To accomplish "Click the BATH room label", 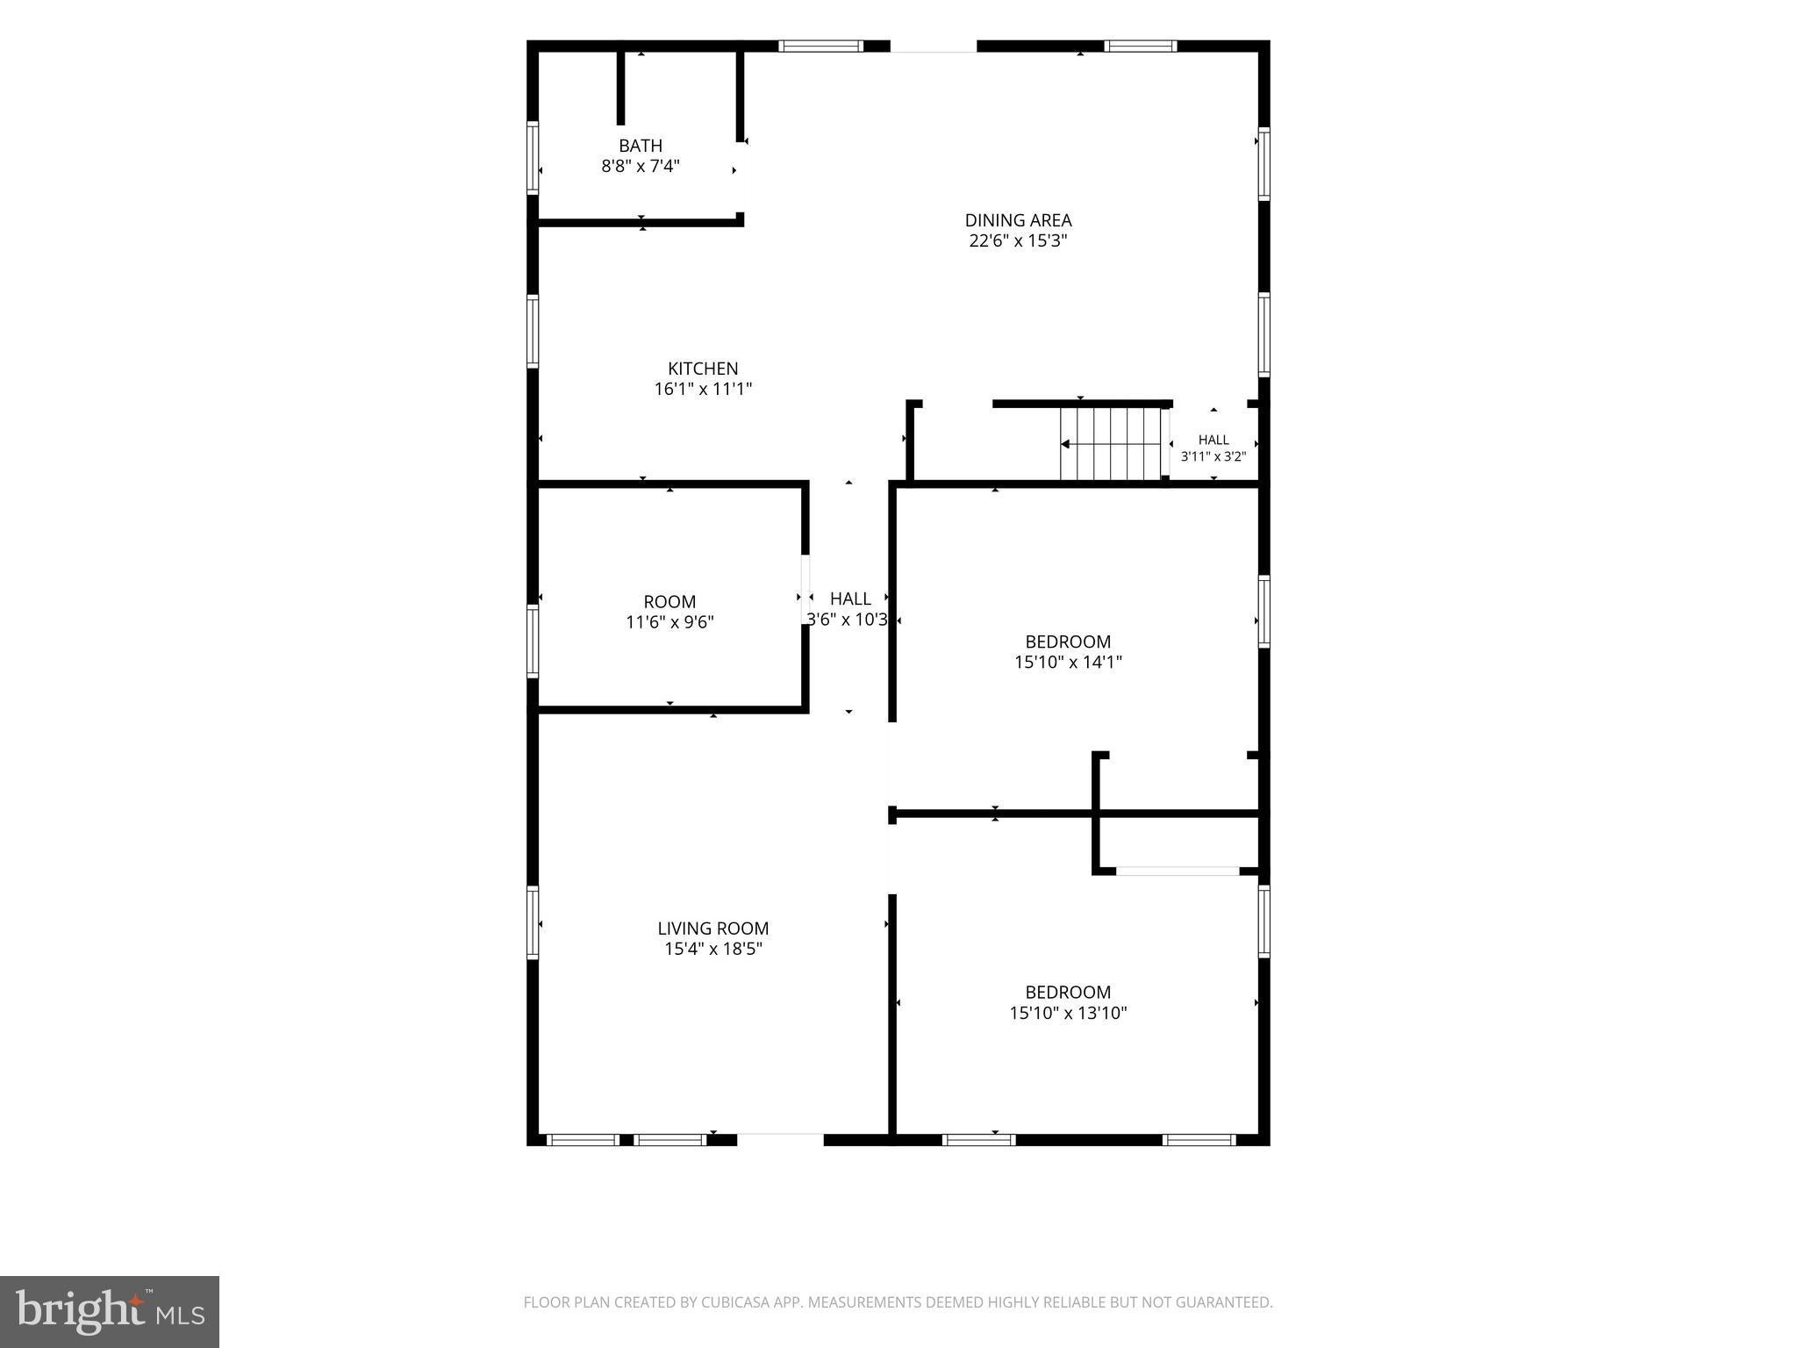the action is pyautogui.click(x=641, y=146).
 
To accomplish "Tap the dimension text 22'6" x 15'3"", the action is pyautogui.click(x=1018, y=240).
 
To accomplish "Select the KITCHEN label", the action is pyautogui.click(x=703, y=369).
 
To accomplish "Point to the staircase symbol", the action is pyautogui.click(x=1112, y=444).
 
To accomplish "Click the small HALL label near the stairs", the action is pyautogui.click(x=1214, y=440).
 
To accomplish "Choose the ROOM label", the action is pyautogui.click(x=669, y=602).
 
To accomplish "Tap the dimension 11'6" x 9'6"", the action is pyautogui.click(x=669, y=622).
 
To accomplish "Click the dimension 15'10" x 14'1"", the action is pyautogui.click(x=1068, y=662).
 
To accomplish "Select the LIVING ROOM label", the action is pyautogui.click(x=713, y=929).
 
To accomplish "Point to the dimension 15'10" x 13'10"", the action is pyautogui.click(x=1068, y=1013).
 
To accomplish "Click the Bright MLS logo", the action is pyautogui.click(x=110, y=1312).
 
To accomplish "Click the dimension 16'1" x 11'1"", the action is pyautogui.click(x=703, y=389).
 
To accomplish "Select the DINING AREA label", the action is pyautogui.click(x=1018, y=220).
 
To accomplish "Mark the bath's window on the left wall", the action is pyautogui.click(x=532, y=157).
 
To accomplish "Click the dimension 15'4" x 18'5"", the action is pyautogui.click(x=713, y=949).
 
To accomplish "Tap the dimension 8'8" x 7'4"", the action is pyautogui.click(x=641, y=166).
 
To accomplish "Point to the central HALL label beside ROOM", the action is pyautogui.click(x=850, y=599).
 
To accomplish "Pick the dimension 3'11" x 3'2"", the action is pyautogui.click(x=1214, y=456).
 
